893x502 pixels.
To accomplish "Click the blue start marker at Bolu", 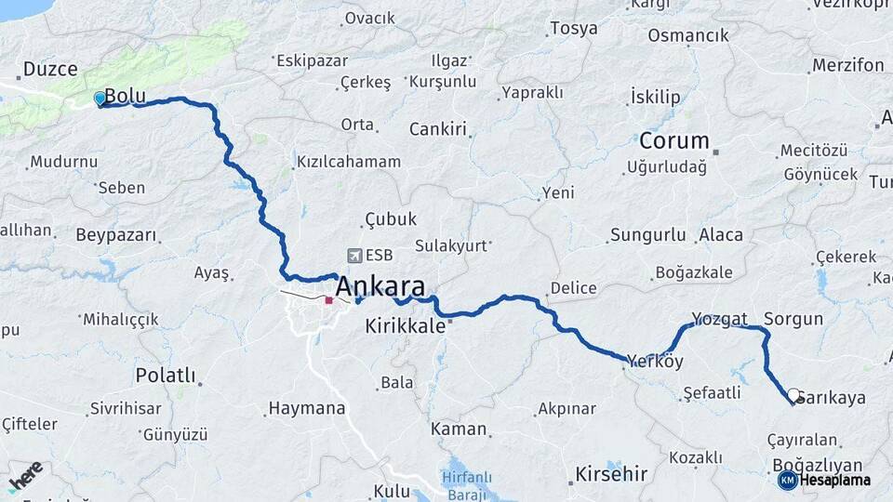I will click(100, 98).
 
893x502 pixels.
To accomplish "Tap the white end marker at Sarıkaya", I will click(794, 395).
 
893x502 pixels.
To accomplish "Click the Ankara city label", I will click(380, 286).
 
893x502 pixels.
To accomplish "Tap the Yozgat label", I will click(719, 319).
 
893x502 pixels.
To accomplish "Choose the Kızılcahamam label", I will click(349, 162).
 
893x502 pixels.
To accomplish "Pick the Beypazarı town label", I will click(115, 234).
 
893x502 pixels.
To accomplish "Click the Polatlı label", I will click(166, 376).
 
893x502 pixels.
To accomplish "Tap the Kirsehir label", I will click(611, 473).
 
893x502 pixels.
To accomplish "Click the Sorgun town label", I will click(793, 319).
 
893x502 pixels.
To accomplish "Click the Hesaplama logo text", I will click(830, 481).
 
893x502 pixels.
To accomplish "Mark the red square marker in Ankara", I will click(328, 300).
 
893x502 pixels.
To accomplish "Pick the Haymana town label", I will click(306, 408).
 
